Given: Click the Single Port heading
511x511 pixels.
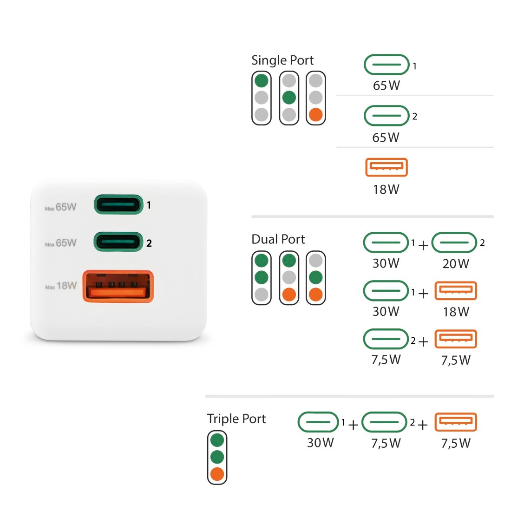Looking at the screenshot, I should click(282, 60).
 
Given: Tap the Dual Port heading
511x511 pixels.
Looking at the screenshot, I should click(278, 239).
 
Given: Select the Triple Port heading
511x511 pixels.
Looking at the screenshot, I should click(236, 419).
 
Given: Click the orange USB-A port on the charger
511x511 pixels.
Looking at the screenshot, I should click(118, 286).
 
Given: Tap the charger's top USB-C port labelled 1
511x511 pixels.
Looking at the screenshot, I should click(118, 204).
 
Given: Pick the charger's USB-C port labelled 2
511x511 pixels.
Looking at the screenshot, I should click(118, 242).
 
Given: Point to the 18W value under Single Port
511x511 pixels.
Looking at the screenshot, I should click(386, 190).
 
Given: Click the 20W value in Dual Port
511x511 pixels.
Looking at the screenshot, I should click(456, 264).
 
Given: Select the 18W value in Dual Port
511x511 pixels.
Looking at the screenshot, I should click(456, 312).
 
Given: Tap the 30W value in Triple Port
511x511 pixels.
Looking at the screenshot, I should click(320, 443).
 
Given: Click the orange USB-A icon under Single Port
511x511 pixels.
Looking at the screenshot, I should click(387, 167).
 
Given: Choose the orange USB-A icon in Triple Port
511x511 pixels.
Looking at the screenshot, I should click(456, 422).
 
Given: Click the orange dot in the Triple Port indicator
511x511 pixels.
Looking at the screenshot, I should click(217, 474).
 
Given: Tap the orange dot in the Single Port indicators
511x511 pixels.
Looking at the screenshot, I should click(316, 114).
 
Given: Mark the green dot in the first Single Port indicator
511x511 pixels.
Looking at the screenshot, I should click(262, 81).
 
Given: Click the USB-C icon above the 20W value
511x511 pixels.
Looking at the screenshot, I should click(454, 242).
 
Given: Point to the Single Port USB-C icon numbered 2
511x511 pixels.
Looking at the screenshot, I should click(387, 116).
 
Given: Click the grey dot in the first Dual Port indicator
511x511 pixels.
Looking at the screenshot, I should click(262, 294).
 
